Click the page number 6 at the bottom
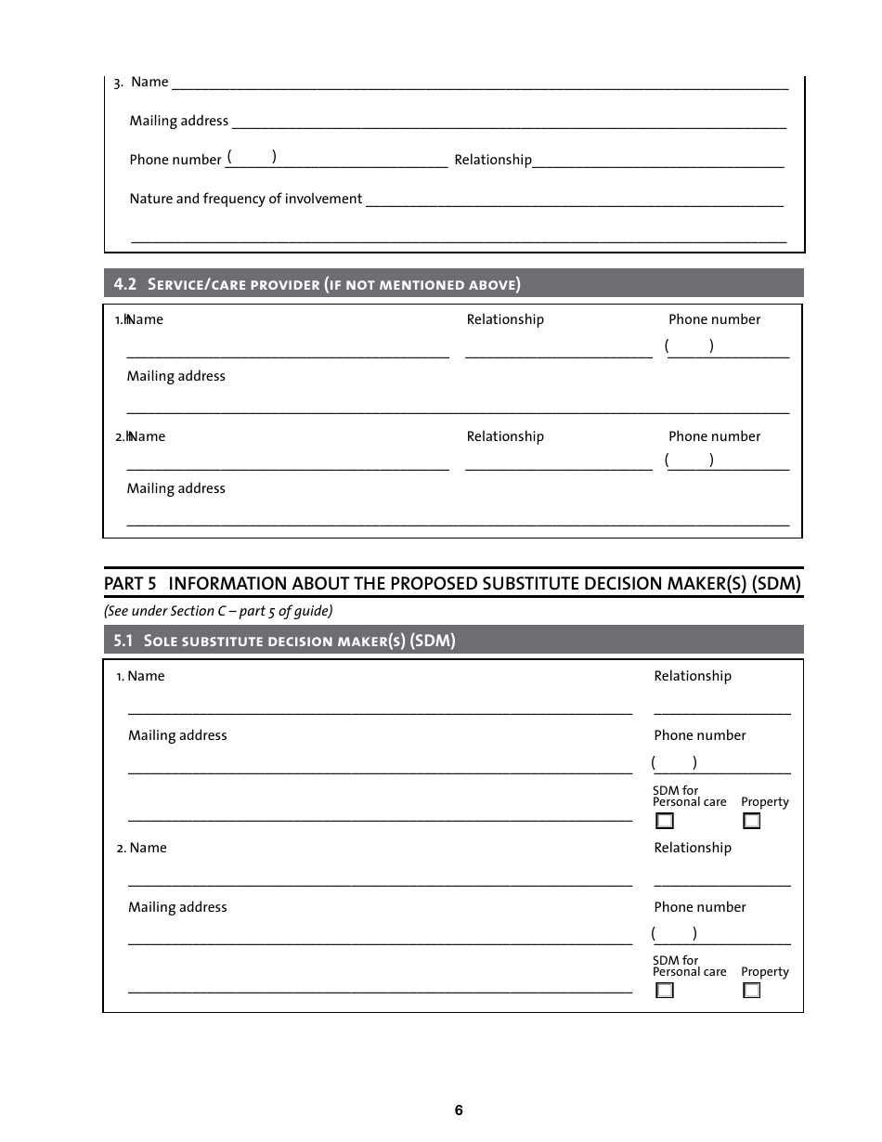click(x=459, y=1110)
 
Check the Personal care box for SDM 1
click(x=665, y=821)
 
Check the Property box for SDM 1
click(x=752, y=821)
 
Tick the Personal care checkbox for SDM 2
click(x=665, y=991)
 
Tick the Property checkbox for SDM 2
click(x=752, y=991)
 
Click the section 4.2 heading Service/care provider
click(x=317, y=284)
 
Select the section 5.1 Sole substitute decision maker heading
click(x=284, y=641)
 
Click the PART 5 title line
click(x=452, y=583)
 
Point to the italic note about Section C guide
click(x=218, y=611)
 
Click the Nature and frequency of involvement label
click(x=246, y=199)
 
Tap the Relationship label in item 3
click(x=493, y=160)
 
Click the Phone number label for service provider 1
click(x=714, y=319)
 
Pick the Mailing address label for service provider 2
click(x=176, y=488)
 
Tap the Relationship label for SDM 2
click(x=693, y=848)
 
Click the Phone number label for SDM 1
click(x=700, y=735)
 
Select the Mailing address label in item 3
click(x=179, y=121)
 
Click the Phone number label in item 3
click(x=175, y=160)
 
